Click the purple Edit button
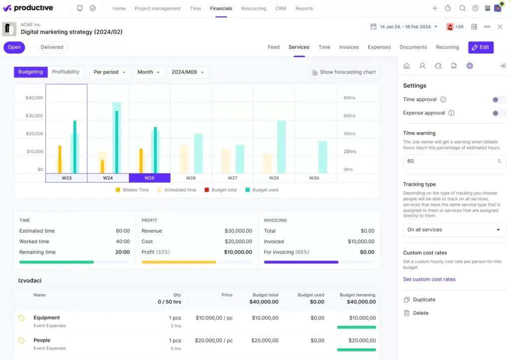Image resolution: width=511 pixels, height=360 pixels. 481,47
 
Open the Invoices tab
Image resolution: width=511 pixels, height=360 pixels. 349,47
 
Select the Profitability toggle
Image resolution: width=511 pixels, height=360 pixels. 65,72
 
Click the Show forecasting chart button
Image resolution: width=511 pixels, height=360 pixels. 344,72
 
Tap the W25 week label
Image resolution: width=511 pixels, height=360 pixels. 149,178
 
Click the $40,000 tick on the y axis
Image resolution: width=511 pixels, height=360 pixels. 34,98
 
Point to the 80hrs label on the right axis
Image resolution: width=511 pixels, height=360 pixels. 349,98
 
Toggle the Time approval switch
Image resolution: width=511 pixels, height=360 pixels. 498,100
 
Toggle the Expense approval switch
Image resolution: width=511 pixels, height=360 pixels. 498,113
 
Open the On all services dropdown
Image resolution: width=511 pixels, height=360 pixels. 454,230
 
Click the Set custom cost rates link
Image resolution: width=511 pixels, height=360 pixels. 429,279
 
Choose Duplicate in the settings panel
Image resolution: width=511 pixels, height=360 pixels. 424,300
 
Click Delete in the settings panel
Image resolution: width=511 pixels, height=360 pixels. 421,313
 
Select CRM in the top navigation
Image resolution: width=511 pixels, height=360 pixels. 280,8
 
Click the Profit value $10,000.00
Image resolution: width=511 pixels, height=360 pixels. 238,252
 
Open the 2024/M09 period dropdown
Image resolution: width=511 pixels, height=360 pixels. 188,72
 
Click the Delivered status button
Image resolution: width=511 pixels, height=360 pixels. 52,47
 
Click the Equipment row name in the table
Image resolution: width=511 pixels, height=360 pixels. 46,318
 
